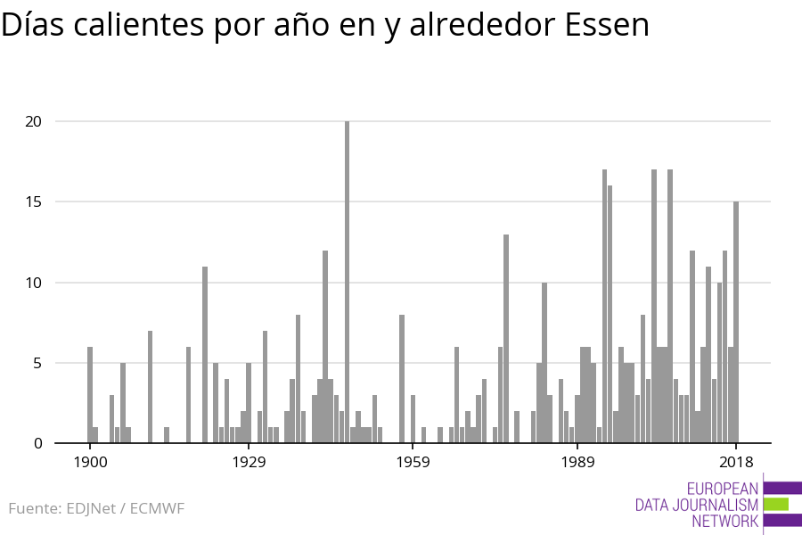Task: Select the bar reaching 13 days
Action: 506,339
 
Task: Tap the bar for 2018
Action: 736,322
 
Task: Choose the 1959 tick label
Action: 413,462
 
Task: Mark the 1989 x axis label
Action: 577,462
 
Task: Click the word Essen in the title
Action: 607,26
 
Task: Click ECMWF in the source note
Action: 157,509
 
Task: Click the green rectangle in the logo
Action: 775,504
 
